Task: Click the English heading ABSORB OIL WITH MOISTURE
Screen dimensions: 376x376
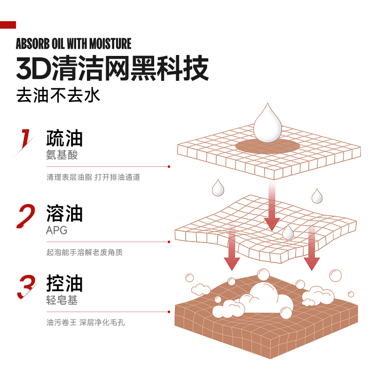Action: [x=73, y=44]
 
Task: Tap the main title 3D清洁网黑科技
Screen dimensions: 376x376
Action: [x=112, y=69]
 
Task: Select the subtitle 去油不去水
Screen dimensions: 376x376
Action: [x=58, y=95]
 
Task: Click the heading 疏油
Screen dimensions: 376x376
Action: [x=64, y=138]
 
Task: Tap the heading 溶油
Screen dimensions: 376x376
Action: [x=64, y=213]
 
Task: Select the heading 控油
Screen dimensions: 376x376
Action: [x=64, y=284]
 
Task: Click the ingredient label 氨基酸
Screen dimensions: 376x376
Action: [x=62, y=155]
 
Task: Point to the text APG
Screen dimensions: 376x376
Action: [x=56, y=230]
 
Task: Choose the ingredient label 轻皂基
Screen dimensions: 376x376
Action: [x=62, y=300]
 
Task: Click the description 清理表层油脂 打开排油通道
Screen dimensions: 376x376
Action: [x=93, y=177]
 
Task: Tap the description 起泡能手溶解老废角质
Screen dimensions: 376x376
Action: [x=84, y=252]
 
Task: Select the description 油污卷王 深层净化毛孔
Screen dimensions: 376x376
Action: [x=86, y=323]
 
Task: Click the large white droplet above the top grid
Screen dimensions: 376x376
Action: [x=267, y=125]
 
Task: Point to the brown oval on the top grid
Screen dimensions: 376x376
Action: [x=267, y=146]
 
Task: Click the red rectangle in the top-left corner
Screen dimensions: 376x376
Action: [x=8, y=25]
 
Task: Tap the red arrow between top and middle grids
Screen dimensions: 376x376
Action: [x=272, y=207]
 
